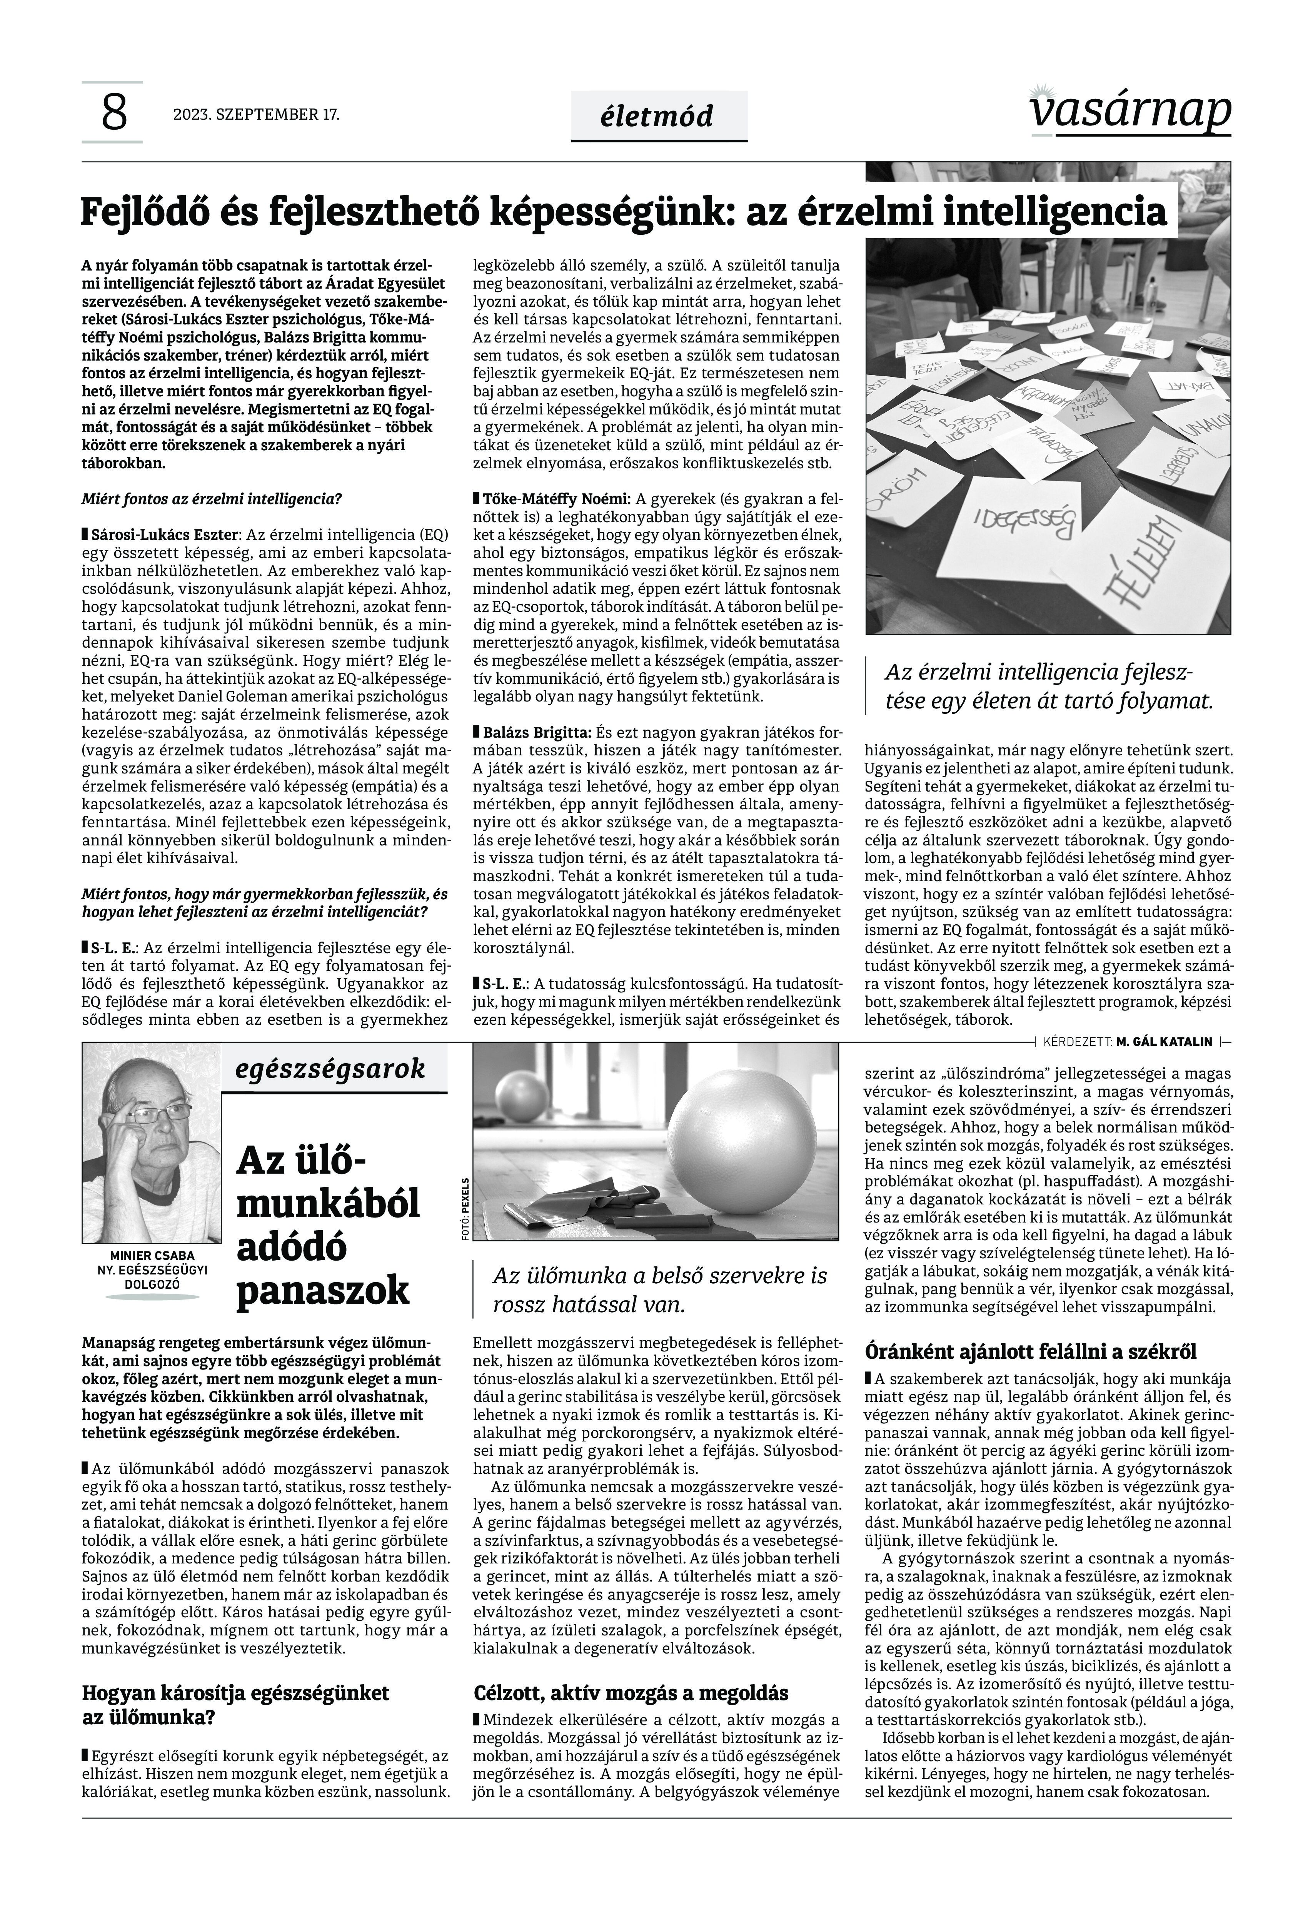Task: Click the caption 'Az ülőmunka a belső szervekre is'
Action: [659, 1276]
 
